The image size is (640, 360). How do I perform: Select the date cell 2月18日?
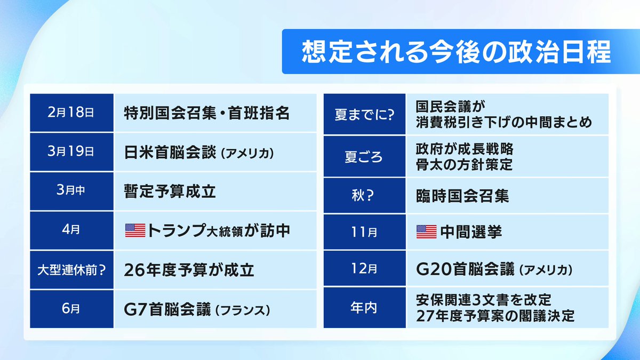pyautogui.click(x=71, y=113)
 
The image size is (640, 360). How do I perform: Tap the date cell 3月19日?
pyautogui.click(x=71, y=152)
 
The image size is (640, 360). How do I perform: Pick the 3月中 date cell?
pyautogui.click(x=71, y=191)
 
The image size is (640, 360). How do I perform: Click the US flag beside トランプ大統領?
pyautogui.click(x=134, y=230)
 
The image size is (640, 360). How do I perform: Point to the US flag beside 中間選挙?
pyautogui.click(x=426, y=231)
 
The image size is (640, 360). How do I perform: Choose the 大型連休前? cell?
pyautogui.click(x=71, y=270)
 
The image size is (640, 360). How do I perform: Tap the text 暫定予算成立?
pyautogui.click(x=170, y=191)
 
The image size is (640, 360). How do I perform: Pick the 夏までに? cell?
pyautogui.click(x=365, y=115)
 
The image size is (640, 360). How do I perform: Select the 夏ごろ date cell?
pyautogui.click(x=365, y=157)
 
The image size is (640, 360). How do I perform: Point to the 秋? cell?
pyautogui.click(x=365, y=196)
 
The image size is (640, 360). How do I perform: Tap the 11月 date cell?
pyautogui.click(x=365, y=233)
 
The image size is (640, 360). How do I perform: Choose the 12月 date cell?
pyautogui.click(x=365, y=270)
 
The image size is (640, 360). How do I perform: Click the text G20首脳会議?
pyautogui.click(x=464, y=270)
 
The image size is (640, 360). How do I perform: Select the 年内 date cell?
pyautogui.click(x=365, y=308)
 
